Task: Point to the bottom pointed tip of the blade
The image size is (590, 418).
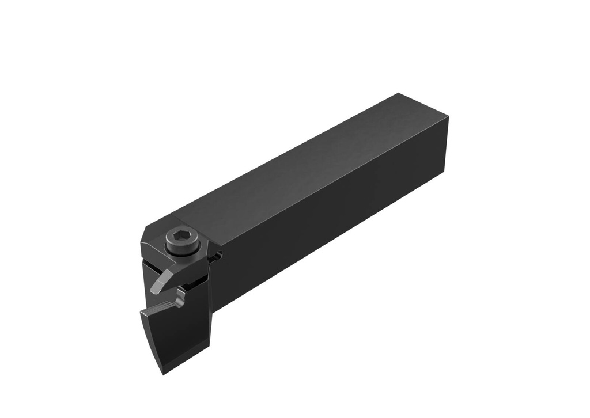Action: pos(164,374)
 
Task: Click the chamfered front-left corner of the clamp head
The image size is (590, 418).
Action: pos(144,241)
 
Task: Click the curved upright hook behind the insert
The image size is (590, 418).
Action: pos(181,296)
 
